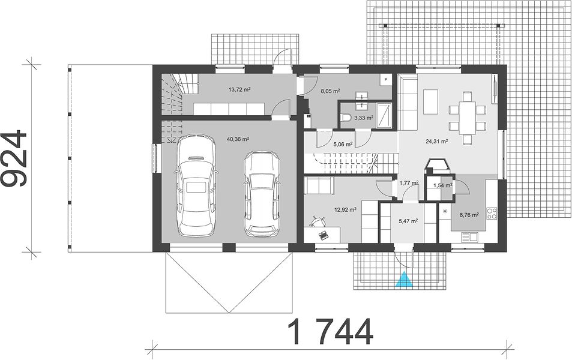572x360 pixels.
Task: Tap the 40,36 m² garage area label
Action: pyautogui.click(x=238, y=139)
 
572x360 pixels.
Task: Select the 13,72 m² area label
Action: pyautogui.click(x=239, y=89)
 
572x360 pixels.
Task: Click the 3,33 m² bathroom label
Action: pyautogui.click(x=364, y=118)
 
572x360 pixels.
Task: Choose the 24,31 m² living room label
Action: pyautogui.click(x=437, y=142)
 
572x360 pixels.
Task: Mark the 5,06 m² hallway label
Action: pyautogui.click(x=343, y=145)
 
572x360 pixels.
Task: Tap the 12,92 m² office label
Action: pyautogui.click(x=345, y=210)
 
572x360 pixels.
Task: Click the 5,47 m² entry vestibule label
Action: pyautogui.click(x=408, y=221)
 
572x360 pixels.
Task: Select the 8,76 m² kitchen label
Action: pyautogui.click(x=469, y=215)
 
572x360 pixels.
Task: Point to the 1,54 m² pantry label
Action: pyautogui.click(x=442, y=185)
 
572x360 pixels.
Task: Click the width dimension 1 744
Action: pyautogui.click(x=331, y=332)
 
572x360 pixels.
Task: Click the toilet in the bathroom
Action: pyautogui.click(x=346, y=118)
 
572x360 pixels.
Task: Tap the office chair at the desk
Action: pyautogui.click(x=318, y=221)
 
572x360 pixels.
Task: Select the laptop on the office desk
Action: pyautogui.click(x=324, y=235)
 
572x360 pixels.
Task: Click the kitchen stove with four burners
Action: pyautogui.click(x=492, y=213)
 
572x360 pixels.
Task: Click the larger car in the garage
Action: pyautogui.click(x=196, y=186)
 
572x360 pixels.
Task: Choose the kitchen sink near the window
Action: pyautogui.click(x=470, y=237)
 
